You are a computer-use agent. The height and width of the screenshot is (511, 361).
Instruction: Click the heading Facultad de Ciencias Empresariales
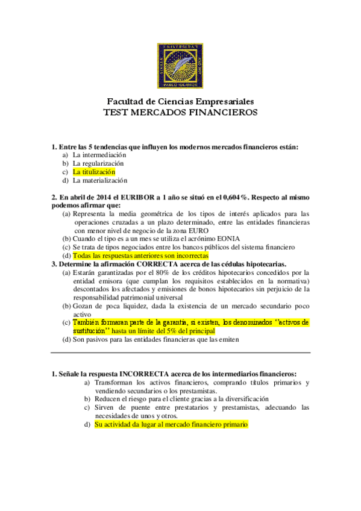180,102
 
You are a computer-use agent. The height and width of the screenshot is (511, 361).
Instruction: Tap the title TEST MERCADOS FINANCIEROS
180,113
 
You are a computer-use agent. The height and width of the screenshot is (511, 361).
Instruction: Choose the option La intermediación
99,155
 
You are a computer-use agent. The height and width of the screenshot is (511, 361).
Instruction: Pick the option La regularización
98,163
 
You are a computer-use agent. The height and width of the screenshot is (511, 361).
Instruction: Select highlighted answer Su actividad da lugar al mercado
171,424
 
